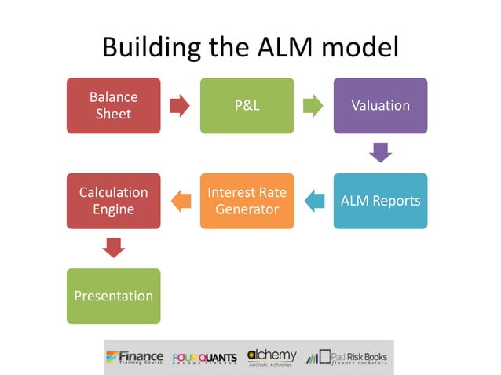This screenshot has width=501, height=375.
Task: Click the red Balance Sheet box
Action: point(113,105)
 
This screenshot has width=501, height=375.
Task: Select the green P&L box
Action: point(247,105)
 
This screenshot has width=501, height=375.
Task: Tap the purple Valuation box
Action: point(380,105)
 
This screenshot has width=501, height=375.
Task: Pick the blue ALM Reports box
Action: point(380,201)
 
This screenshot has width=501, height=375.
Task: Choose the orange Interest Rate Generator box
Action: point(247,201)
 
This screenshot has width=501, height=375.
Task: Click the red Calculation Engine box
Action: point(113,201)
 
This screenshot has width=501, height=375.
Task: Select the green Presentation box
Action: point(113,296)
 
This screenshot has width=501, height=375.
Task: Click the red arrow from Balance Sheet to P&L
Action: point(180,105)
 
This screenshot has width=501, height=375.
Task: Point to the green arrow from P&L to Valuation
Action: point(313,105)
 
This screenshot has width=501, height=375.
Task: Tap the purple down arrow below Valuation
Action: point(380,152)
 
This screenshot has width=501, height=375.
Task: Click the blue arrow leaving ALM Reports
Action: point(314,201)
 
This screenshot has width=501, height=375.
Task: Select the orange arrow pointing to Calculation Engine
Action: point(181,201)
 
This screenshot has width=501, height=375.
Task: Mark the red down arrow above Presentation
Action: point(113,248)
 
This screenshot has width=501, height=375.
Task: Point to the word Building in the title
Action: point(150,48)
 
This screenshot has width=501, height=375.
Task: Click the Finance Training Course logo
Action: point(136,357)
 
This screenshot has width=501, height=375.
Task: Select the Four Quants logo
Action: point(204,358)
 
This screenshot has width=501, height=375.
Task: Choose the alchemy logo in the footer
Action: point(272,357)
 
